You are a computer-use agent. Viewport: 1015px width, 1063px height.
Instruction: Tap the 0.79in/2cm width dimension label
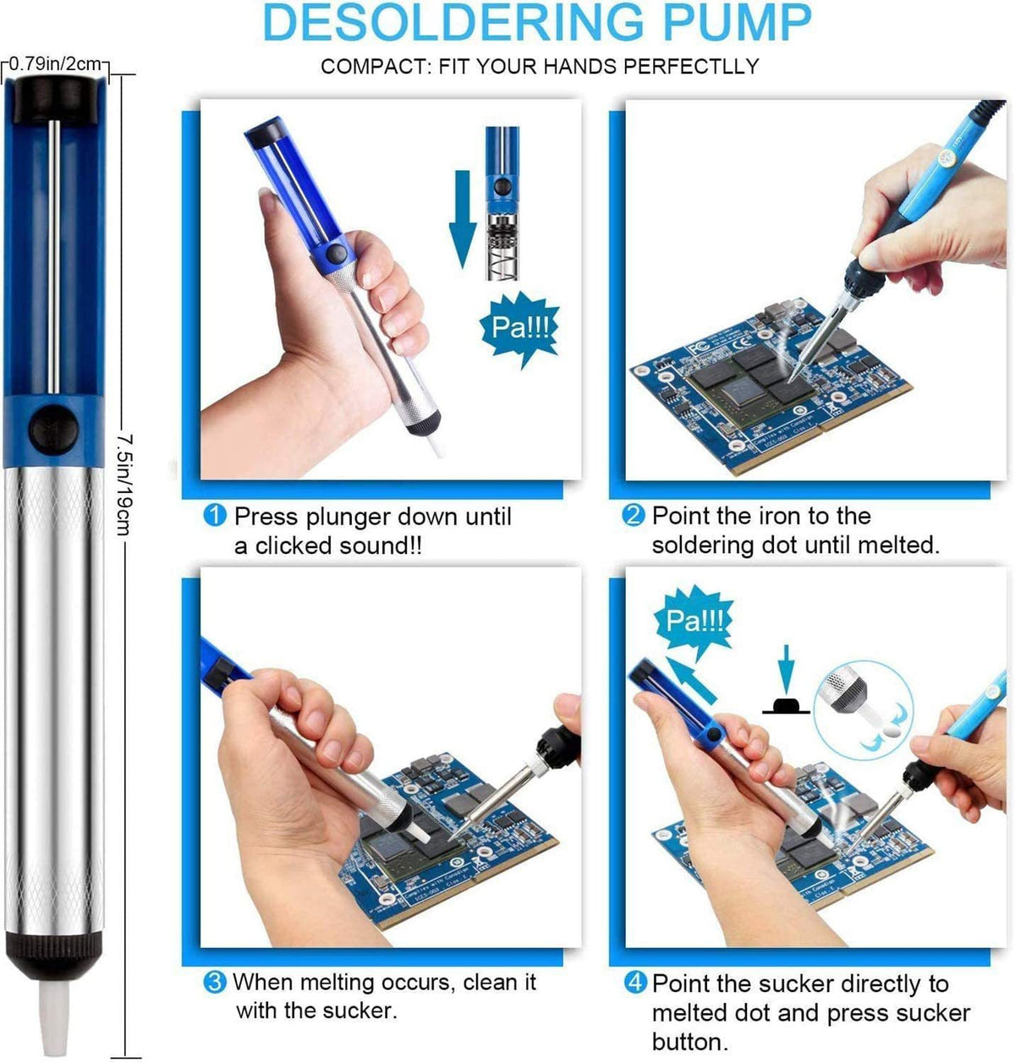pyautogui.click(x=54, y=62)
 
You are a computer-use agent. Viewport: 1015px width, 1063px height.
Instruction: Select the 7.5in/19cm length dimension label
pyautogui.click(x=123, y=485)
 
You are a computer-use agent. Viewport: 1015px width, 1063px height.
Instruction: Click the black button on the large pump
pyautogui.click(x=54, y=421)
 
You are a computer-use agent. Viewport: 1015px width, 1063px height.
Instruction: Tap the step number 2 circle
pyautogui.click(x=634, y=516)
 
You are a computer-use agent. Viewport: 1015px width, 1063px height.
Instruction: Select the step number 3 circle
pyautogui.click(x=216, y=983)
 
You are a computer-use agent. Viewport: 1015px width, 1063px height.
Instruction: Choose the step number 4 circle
pyautogui.click(x=634, y=984)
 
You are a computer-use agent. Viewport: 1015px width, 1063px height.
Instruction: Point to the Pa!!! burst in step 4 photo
pyautogui.click(x=694, y=622)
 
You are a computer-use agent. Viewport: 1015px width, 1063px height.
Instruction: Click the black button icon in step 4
pyautogui.click(x=786, y=706)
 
